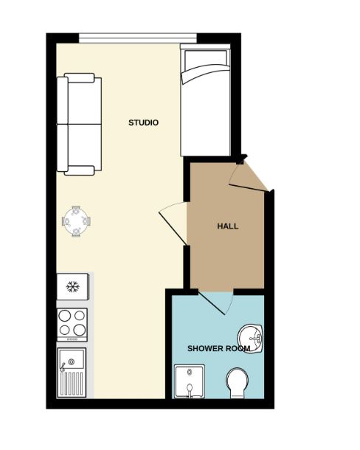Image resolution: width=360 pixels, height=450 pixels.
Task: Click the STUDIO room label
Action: point(143,122)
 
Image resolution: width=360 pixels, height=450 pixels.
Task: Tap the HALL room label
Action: point(227,226)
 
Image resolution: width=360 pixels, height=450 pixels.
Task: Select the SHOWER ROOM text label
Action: point(218,347)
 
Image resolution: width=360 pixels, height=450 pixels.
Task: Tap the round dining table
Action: point(76,220)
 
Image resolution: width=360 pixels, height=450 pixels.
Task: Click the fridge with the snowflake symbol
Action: point(74,286)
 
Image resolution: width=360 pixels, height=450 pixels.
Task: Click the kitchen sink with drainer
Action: point(72,373)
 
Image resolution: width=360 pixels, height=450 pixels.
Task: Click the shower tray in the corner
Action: point(187,381)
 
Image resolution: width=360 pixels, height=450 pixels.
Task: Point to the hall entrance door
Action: point(248,178)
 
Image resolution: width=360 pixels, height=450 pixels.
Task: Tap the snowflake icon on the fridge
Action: point(72,286)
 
